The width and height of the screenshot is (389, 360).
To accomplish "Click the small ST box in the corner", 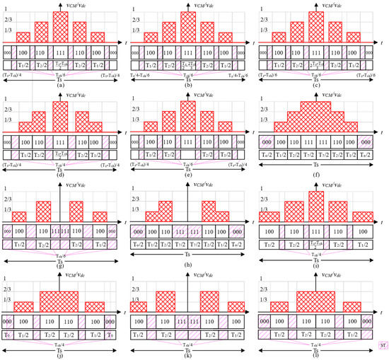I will pos(383,346).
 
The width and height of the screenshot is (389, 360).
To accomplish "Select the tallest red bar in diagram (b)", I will pos(189,28).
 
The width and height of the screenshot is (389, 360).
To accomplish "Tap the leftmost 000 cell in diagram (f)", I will pos(269,141).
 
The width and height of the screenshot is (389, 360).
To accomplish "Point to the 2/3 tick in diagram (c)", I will pos(263,21).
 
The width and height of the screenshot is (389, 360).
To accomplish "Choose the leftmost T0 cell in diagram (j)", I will pos(8,333).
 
